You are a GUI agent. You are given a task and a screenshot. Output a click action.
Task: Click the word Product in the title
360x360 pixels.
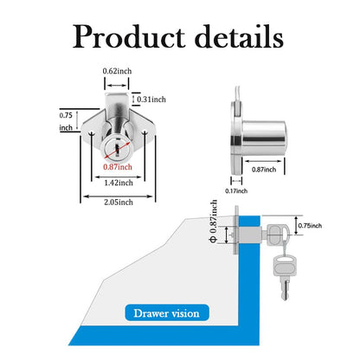click(x=129, y=36)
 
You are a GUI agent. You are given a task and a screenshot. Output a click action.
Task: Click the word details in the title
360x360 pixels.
click(x=239, y=35)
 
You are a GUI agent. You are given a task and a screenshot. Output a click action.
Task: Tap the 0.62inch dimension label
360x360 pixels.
click(x=117, y=71)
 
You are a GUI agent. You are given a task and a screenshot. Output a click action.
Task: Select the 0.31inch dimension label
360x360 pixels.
click(x=151, y=100)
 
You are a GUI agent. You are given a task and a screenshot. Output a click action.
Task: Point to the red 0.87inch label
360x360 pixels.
click(x=118, y=167)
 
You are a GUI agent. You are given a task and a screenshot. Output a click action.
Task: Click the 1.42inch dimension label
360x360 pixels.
click(x=119, y=183)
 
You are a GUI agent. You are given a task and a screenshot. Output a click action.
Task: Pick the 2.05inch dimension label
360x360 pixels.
click(x=119, y=202)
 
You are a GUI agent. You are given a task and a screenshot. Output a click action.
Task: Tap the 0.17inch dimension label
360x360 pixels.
click(x=236, y=190)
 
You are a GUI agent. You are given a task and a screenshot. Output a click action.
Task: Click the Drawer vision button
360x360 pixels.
click(x=167, y=313)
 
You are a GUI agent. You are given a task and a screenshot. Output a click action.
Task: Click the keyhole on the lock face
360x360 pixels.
click(x=118, y=149)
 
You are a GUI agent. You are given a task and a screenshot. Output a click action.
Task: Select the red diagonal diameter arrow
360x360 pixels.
click(x=117, y=150)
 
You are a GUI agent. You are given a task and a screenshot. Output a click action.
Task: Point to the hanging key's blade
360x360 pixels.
click(x=285, y=289)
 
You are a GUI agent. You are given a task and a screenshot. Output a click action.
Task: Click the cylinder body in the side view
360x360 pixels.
click(x=264, y=138)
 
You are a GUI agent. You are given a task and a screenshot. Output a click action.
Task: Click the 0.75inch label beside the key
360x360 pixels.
click(x=310, y=226)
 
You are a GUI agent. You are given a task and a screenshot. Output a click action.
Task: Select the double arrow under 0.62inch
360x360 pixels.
click(x=117, y=86)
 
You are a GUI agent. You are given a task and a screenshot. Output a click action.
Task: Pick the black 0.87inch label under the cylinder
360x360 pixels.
click(x=264, y=170)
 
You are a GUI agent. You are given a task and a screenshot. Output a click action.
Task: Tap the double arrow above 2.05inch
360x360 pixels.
click(x=118, y=196)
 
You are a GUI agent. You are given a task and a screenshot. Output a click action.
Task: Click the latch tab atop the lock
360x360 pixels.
click(x=117, y=101)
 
